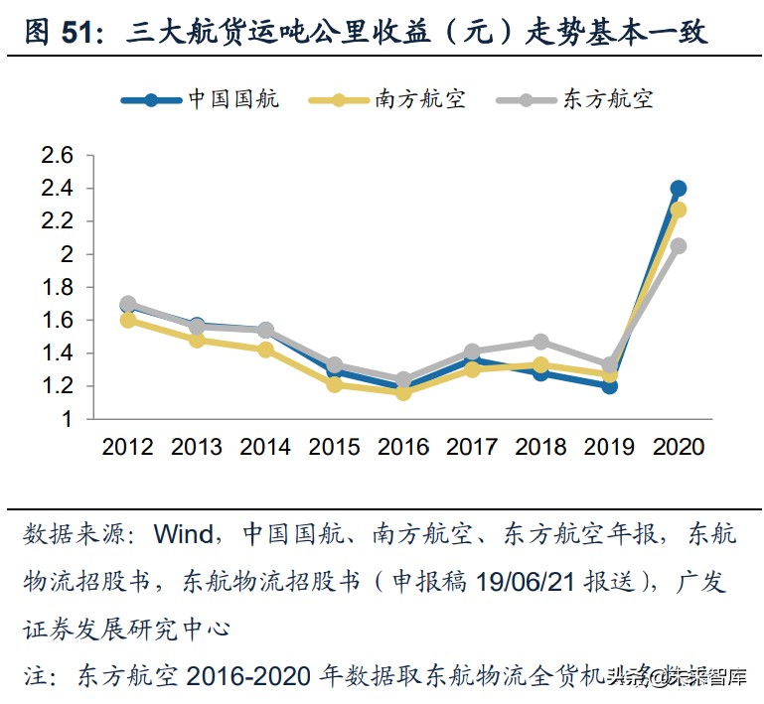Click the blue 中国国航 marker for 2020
click(x=679, y=189)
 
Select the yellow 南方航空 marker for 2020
click(x=679, y=210)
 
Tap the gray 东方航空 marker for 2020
click(x=679, y=246)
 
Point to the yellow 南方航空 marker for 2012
click(x=128, y=320)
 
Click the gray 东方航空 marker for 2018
click(x=540, y=343)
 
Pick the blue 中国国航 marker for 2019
click(x=609, y=385)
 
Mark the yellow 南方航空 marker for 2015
click(x=335, y=384)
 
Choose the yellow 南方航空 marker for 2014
click(x=265, y=350)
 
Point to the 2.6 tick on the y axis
click(x=57, y=156)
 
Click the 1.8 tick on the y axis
click(x=57, y=287)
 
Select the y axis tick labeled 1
click(x=67, y=419)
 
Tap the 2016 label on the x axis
click(x=403, y=447)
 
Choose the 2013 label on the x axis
click(x=197, y=447)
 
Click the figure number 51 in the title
click(x=80, y=32)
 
